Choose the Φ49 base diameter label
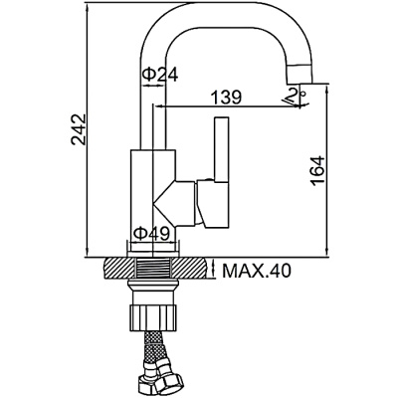[x=153, y=233]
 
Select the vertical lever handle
[x=221, y=149]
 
